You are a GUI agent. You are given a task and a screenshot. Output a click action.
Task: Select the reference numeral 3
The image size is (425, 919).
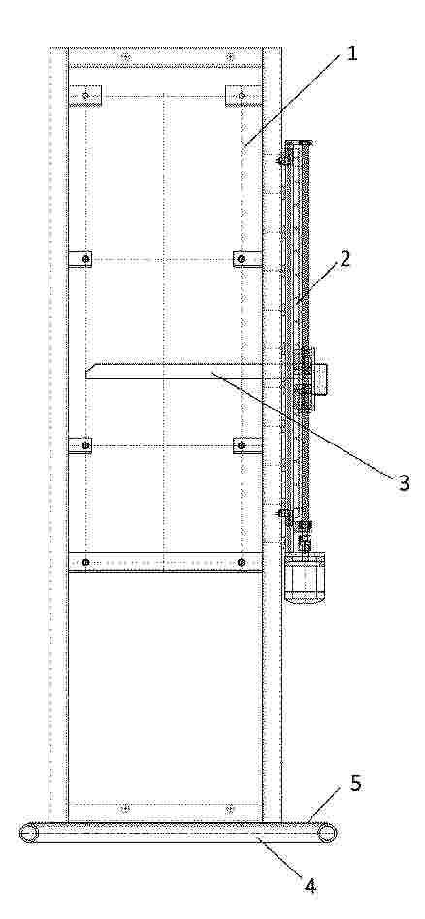(404, 481)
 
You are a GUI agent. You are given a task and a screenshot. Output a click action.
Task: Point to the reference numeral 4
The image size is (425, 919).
(311, 885)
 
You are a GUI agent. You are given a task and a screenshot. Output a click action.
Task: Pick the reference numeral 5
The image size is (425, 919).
(356, 783)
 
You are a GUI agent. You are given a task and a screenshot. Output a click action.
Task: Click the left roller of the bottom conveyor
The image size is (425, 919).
(28, 833)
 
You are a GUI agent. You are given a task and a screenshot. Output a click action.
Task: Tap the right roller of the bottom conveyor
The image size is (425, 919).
(328, 833)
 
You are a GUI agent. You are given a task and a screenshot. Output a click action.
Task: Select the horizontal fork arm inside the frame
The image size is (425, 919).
(174, 371)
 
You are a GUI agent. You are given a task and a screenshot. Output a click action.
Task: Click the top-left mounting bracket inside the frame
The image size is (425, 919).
(85, 95)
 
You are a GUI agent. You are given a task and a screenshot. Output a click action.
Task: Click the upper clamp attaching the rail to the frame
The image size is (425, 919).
(285, 157)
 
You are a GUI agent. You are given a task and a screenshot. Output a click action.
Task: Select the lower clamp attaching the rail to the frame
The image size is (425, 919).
(285, 514)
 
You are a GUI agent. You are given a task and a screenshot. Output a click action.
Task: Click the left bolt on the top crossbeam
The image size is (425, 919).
(124, 57)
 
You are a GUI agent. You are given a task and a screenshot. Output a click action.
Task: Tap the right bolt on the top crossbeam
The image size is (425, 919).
(230, 57)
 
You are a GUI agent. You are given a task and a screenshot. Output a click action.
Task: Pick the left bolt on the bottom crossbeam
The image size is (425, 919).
(124, 810)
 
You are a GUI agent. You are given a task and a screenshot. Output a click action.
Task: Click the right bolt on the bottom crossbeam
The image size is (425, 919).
(230, 810)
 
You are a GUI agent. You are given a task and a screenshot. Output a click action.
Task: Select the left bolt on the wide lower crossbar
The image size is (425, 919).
(86, 562)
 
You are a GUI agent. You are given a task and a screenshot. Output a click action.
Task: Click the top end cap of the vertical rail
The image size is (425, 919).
(299, 142)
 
